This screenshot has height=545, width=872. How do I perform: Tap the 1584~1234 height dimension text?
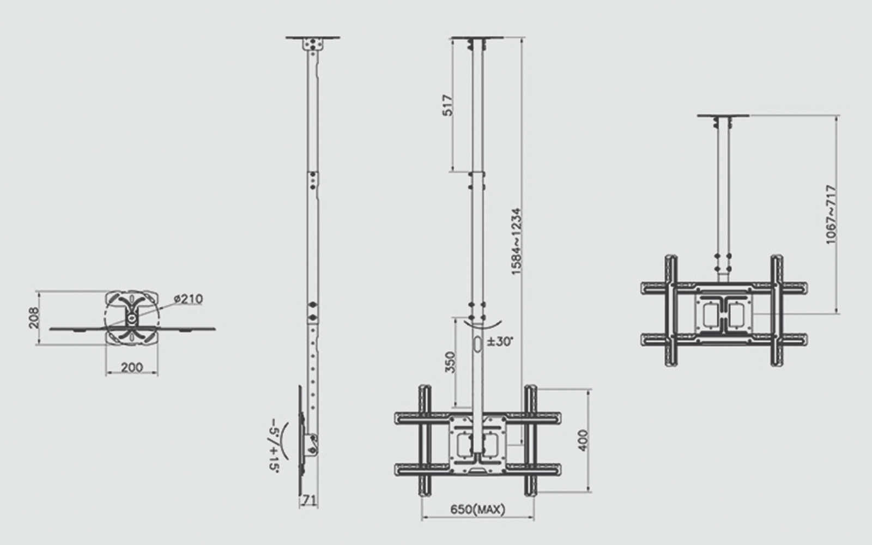(x=516, y=241)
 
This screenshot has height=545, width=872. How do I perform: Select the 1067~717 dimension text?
(x=831, y=215)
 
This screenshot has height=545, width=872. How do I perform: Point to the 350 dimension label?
(x=450, y=362)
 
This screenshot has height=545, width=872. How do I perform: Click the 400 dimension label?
(x=583, y=440)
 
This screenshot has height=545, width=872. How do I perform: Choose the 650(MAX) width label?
(x=478, y=510)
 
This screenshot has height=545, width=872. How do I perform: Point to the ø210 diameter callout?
(x=189, y=299)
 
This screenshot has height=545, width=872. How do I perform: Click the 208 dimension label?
(x=34, y=318)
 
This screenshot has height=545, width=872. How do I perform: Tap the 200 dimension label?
(x=131, y=367)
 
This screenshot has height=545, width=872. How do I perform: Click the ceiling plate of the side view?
(x=313, y=38)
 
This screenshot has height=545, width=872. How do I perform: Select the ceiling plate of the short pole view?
(x=723, y=116)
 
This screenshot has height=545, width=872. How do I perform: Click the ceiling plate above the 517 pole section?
(x=478, y=38)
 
